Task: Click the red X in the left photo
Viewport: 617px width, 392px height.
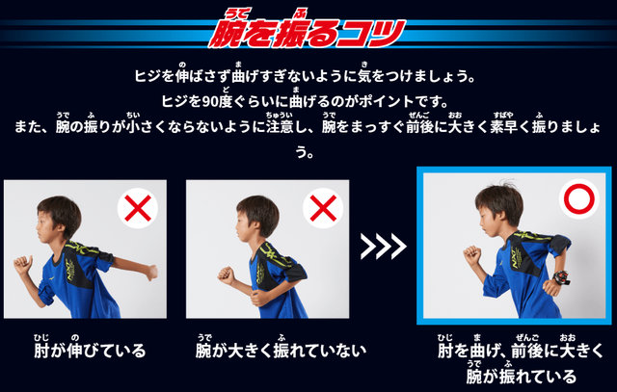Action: [138, 208]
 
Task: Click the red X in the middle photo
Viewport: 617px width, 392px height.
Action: [323, 208]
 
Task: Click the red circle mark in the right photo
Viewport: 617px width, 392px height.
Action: [578, 199]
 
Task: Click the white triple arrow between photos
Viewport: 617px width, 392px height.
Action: [384, 247]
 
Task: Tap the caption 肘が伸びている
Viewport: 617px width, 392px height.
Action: [90, 351]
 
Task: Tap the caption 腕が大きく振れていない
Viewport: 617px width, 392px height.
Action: [281, 351]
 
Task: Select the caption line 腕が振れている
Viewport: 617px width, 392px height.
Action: [521, 377]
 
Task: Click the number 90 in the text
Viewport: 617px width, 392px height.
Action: [210, 102]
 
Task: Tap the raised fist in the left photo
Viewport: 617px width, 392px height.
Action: [23, 264]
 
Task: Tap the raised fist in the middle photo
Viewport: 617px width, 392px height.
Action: [227, 274]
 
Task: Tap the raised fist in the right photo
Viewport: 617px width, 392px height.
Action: [472, 255]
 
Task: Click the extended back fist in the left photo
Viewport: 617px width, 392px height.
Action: [151, 273]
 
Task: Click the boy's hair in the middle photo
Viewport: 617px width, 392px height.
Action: [259, 212]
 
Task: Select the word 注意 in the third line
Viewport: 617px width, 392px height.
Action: [280, 127]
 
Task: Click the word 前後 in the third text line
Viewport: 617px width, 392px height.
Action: [419, 127]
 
